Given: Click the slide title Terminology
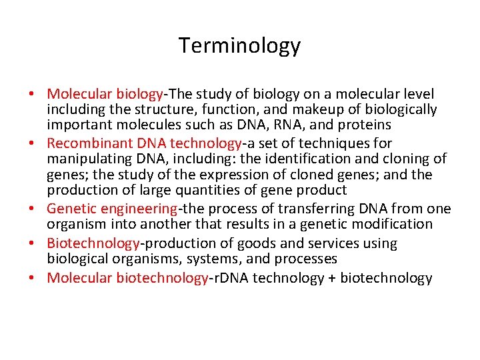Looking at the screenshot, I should (239, 46).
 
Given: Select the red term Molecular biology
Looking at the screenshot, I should (105, 94).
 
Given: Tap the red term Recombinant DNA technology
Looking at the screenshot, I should (144, 143).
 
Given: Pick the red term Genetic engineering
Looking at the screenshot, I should (112, 209).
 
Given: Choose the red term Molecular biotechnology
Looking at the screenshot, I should (127, 278).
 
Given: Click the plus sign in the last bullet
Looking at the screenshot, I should (331, 279).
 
